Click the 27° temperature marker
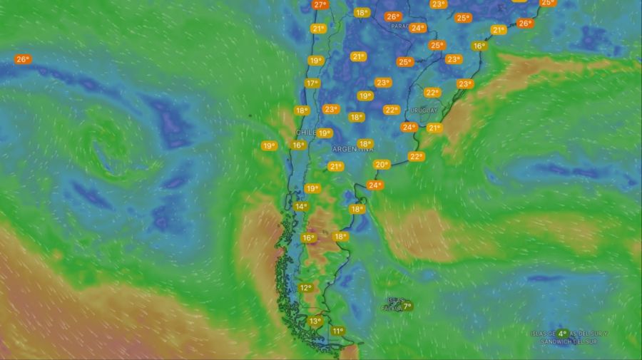coord(320,5)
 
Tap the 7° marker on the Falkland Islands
coord(407,307)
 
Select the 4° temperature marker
coord(562,334)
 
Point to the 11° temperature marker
coord(337,331)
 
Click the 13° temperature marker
coord(315,322)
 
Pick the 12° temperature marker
coord(305,288)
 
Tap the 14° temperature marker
coord(301,207)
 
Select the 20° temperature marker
coord(382,165)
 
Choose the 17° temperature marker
coord(312,83)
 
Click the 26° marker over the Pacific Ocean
coord(23,59)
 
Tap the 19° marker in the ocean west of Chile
coord(268,146)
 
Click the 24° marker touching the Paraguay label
coord(418,29)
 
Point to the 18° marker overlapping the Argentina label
coord(365,144)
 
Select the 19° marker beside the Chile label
coord(325,133)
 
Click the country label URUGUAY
coord(424,110)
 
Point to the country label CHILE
coord(305,133)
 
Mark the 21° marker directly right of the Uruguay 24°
coord(434,128)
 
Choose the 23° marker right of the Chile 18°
coord(330,110)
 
